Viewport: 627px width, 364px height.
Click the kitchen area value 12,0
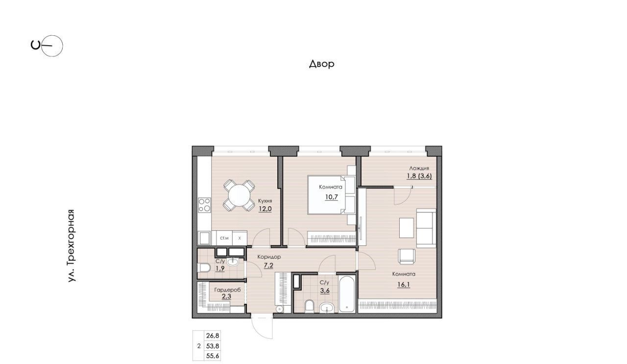265,209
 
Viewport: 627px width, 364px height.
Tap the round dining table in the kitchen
239,195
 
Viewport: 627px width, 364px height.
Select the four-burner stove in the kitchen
204,205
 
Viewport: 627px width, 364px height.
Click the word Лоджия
419,168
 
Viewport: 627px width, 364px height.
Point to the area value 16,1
403,285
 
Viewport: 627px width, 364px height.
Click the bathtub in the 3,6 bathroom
347,294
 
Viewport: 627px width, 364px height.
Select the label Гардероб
227,290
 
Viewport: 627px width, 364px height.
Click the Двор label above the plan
322,64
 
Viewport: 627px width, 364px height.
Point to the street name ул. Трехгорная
72,245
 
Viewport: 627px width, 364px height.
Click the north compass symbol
47,46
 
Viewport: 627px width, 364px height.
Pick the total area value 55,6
213,356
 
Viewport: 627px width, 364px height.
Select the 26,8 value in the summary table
213,336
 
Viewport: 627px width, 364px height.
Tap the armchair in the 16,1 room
407,257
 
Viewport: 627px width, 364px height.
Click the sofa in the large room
426,228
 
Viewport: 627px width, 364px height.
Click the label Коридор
269,257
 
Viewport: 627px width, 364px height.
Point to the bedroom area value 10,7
332,197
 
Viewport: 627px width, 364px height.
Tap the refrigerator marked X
240,238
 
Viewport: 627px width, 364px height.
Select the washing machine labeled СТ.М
224,238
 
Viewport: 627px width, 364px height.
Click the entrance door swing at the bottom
262,328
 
